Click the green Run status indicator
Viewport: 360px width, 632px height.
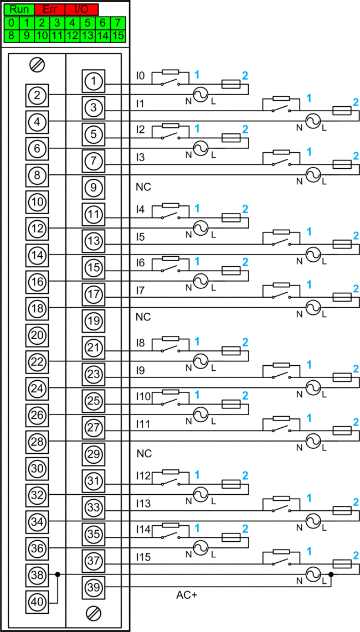tap(19, 9)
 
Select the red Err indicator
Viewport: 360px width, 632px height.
tap(50, 9)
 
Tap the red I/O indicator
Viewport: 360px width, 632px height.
tap(81, 9)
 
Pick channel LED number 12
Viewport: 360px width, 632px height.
tap(72, 35)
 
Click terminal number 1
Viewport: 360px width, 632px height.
tap(94, 81)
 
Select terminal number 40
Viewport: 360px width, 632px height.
tap(37, 602)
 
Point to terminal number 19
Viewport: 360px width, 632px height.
tap(94, 321)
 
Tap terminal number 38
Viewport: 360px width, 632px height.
tap(37, 575)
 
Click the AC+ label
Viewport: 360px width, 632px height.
tap(187, 595)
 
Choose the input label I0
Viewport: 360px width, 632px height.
tap(140, 75)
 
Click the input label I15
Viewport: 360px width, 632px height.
tap(143, 557)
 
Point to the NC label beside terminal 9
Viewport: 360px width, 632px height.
tap(143, 188)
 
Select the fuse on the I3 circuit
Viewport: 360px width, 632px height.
tap(341, 164)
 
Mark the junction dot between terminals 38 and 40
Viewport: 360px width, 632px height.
tap(58, 574)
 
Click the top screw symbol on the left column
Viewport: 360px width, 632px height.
tap(37, 64)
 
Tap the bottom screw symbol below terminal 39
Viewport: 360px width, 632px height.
tap(94, 613)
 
